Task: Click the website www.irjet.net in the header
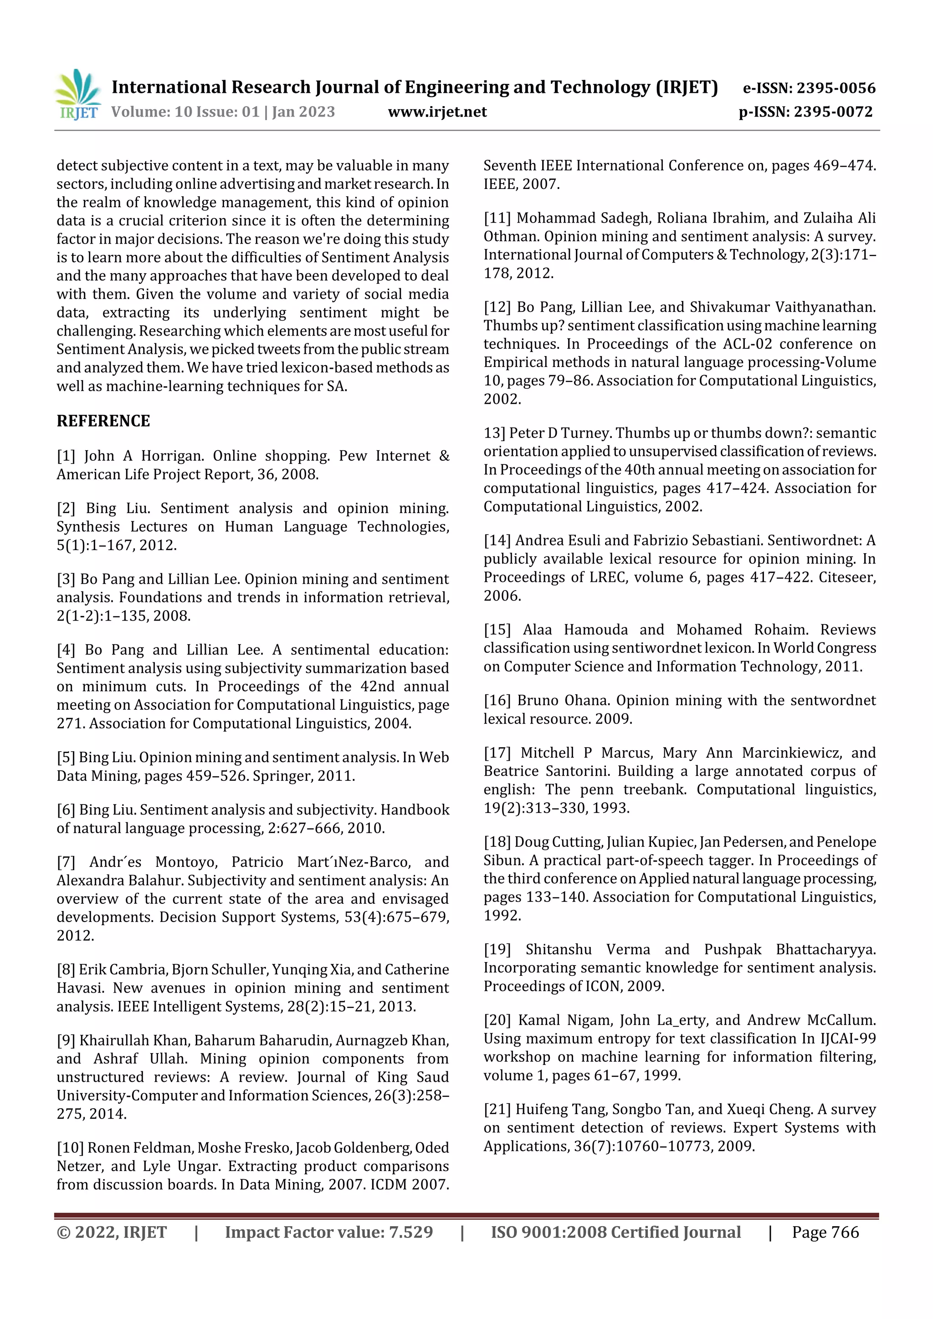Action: tap(437, 112)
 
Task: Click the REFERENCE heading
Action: tap(103, 421)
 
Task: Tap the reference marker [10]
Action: tap(70, 1148)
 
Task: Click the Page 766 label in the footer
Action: tap(825, 1232)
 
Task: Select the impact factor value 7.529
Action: tap(410, 1232)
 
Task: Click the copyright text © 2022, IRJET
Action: tap(112, 1232)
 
